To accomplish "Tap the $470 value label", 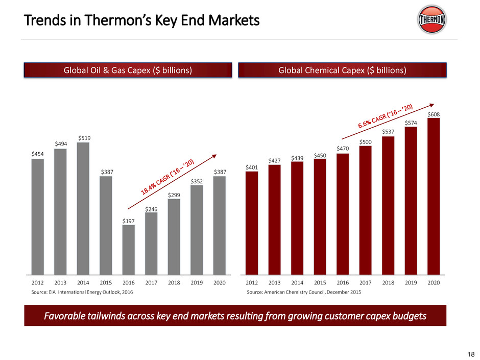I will (x=342, y=149).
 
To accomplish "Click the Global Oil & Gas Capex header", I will (x=128, y=70).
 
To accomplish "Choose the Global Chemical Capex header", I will (x=342, y=70).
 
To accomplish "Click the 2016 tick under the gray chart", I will (x=129, y=282).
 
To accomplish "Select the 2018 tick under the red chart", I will (x=388, y=282).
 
